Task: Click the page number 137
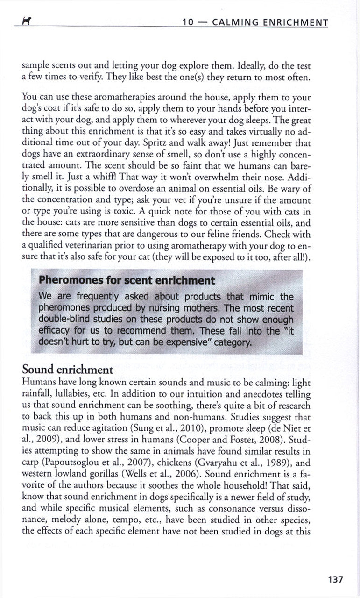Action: [x=336, y=580]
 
